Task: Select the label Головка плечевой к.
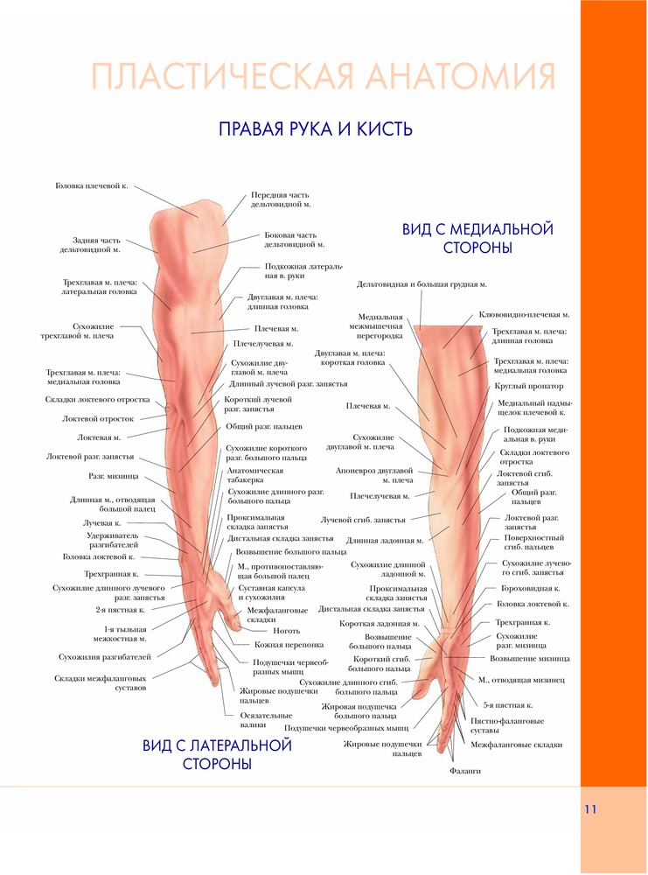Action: pos(92,186)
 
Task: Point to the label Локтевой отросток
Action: pos(98,418)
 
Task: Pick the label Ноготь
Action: pos(286,630)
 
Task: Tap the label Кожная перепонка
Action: pos(282,645)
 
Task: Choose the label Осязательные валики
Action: pos(266,720)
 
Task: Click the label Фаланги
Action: pos(465,771)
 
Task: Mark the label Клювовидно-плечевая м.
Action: pos(524,314)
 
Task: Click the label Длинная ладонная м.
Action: pos(385,541)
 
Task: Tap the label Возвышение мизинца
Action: pos(530,658)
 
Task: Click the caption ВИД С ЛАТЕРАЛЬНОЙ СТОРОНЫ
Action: pos(217,754)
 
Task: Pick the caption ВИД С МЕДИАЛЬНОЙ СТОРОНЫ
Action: pos(477,238)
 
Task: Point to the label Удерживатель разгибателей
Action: pos(112,540)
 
